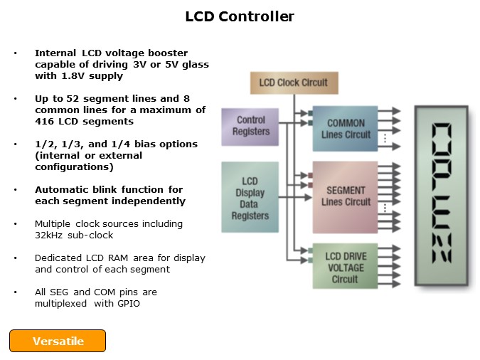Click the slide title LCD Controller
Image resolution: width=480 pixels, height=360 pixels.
coord(240,16)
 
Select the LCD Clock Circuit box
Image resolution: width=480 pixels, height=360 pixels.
coord(293,83)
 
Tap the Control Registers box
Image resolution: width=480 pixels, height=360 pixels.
coord(250,126)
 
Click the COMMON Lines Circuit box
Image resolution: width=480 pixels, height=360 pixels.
coord(346,129)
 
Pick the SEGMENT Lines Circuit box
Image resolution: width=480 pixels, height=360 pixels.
coord(346,196)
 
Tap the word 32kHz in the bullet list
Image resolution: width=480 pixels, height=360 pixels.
coord(46,235)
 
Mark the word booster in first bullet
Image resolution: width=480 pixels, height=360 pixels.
coord(188,53)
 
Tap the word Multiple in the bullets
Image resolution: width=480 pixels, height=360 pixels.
coord(54,223)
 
